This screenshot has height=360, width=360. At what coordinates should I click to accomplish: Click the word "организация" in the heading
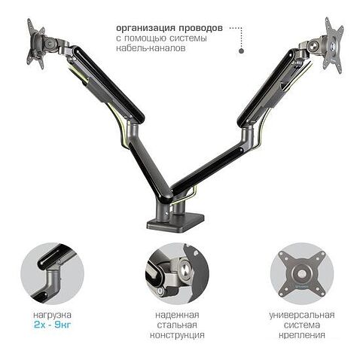(145, 28)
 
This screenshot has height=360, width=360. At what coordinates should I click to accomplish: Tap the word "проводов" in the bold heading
(201, 28)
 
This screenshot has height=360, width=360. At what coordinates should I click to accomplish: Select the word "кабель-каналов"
(151, 47)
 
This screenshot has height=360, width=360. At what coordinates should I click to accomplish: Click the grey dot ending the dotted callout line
(241, 50)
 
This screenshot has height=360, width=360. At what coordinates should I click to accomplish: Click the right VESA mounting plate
(333, 45)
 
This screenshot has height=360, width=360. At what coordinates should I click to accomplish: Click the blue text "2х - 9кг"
(53, 325)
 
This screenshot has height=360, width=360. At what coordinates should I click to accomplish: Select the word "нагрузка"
(53, 315)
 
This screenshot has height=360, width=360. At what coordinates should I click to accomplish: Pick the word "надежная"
(177, 315)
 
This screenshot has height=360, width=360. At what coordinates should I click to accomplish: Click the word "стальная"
(177, 325)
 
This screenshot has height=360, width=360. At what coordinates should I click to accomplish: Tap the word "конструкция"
(177, 335)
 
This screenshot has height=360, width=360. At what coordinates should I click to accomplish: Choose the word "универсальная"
(302, 315)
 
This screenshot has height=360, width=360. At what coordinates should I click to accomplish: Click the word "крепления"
(302, 335)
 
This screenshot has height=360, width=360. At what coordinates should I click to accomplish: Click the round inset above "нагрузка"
(53, 273)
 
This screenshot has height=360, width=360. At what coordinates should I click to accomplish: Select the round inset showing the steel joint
(177, 273)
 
